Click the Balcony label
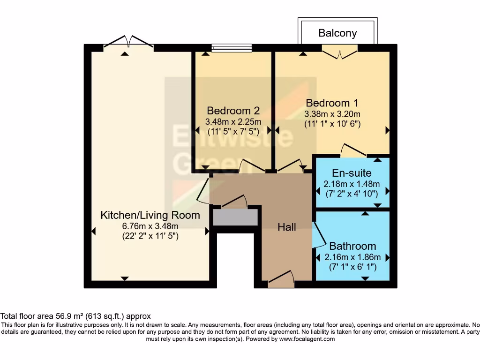point(337,33)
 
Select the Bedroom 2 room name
point(233,111)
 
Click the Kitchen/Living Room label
point(150,215)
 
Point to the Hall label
point(287,227)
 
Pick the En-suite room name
point(352,173)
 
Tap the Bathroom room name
point(352,246)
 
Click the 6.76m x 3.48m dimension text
point(150,226)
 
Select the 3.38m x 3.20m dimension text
point(333,114)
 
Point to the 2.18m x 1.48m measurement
point(352,183)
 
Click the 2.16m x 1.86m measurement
point(352,257)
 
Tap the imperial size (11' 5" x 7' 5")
point(233,132)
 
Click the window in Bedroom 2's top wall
point(232,47)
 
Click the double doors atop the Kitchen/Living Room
point(128,43)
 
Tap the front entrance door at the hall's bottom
point(281,279)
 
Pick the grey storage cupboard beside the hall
point(235,217)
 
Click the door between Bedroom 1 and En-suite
point(353,151)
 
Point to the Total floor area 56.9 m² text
point(75,316)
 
